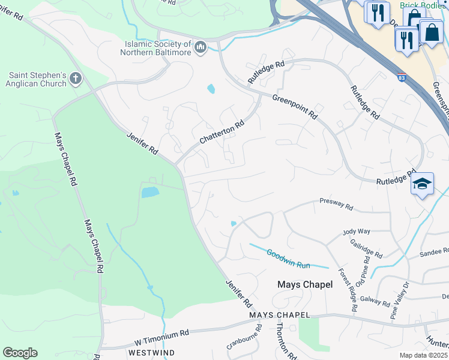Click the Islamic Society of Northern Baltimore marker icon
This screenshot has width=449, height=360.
[x=200, y=47]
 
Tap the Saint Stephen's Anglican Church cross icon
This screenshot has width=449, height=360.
[x=75, y=77]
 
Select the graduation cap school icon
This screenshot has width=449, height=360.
[x=422, y=184]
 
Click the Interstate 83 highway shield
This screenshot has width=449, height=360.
[x=402, y=77]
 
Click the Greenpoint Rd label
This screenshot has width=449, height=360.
[x=294, y=106]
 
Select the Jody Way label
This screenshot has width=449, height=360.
[x=357, y=231]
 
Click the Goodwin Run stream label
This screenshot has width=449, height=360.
[x=288, y=257]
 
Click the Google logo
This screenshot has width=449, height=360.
[x=20, y=353]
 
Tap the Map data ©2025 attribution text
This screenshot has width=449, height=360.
[x=424, y=355]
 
